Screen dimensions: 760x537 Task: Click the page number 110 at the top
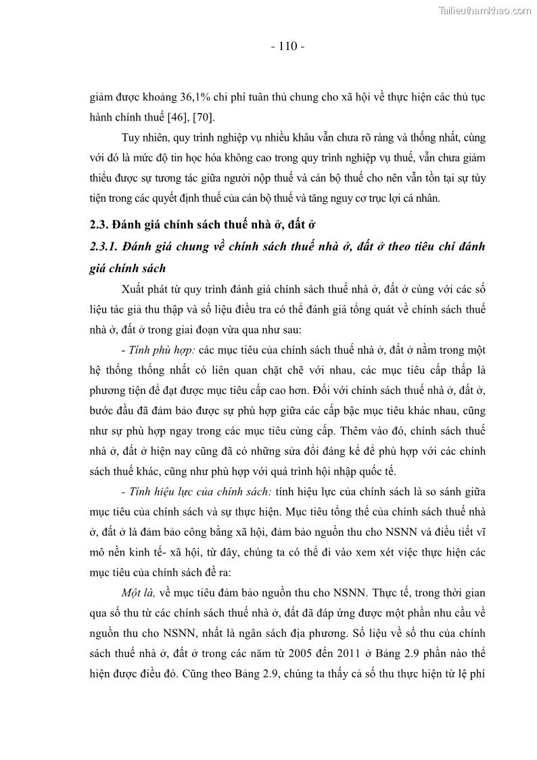(287, 47)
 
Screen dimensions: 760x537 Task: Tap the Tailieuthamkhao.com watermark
(485, 10)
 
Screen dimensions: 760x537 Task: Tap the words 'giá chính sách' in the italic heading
(127, 268)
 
